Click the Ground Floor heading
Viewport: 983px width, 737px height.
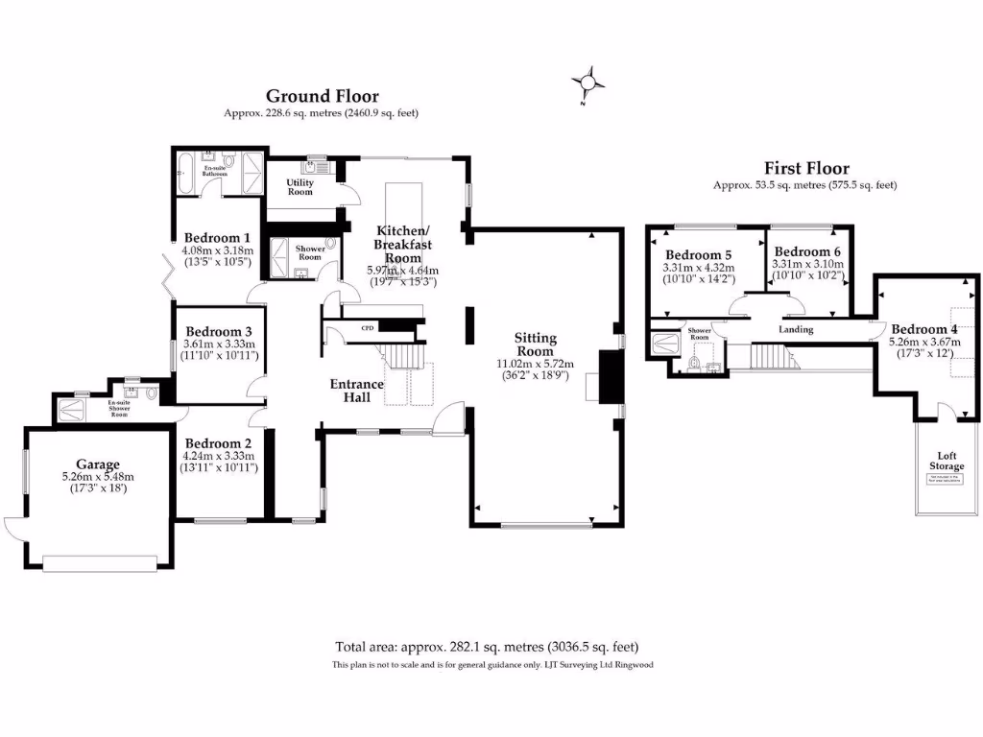[x=322, y=96]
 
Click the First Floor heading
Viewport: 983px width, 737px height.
[x=805, y=168]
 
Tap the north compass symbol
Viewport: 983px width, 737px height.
[x=587, y=83]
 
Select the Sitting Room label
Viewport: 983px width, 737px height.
[x=535, y=345]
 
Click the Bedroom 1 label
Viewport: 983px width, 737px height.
[x=217, y=238]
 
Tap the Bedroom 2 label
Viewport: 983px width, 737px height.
[x=218, y=443]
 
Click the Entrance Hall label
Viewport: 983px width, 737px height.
[x=356, y=391]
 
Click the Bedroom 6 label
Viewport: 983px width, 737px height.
[x=806, y=251]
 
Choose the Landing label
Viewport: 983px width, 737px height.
[x=796, y=330]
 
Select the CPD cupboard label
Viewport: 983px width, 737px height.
[x=367, y=328]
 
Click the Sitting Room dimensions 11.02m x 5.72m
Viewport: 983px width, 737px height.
[x=535, y=364]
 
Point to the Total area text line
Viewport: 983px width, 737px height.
[x=487, y=647]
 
